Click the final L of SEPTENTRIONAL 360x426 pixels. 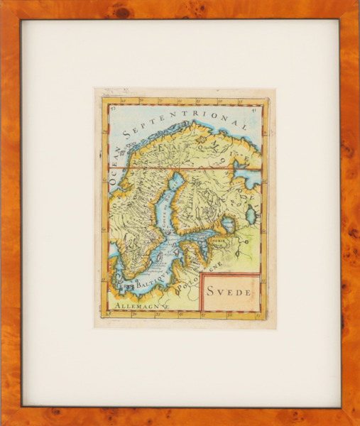tap(244, 127)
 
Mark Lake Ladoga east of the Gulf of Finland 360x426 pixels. tap(227, 225)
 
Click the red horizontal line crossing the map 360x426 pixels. tap(185, 168)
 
